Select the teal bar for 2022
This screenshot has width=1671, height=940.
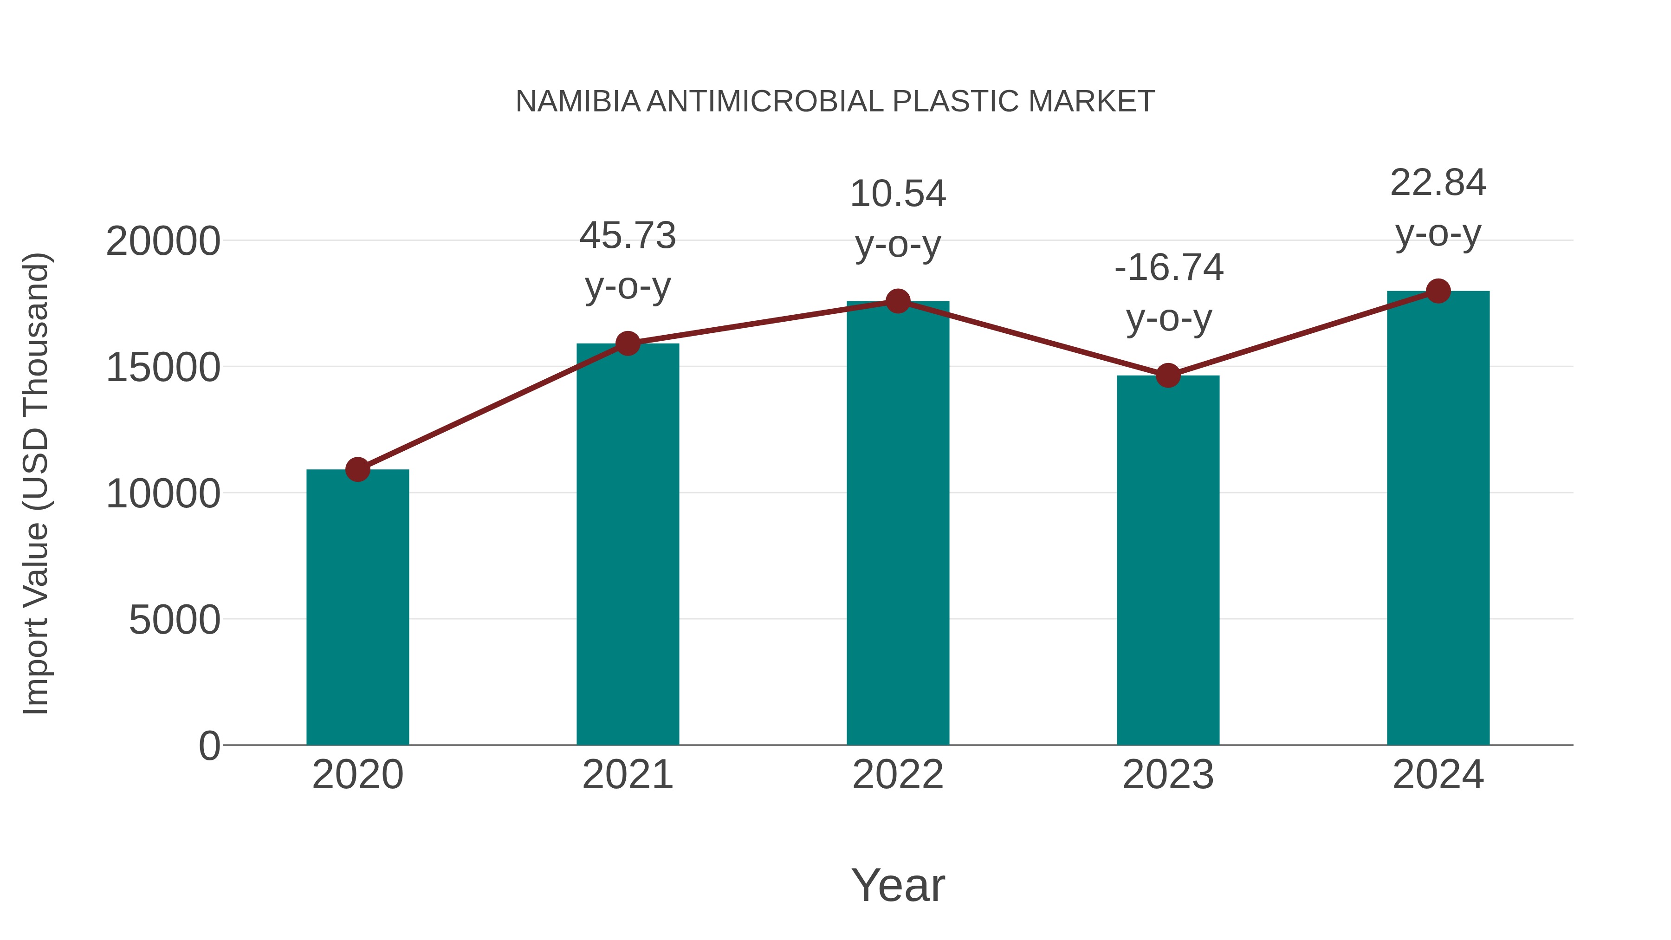898,522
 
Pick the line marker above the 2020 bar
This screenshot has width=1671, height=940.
357,469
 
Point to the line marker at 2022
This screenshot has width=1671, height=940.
898,301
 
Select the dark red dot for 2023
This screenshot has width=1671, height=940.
1168,375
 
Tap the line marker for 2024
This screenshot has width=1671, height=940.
1438,291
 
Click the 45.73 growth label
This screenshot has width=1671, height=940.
627,235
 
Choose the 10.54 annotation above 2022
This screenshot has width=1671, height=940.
898,194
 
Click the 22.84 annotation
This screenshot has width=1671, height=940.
1438,183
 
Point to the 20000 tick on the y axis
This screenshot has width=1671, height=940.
163,242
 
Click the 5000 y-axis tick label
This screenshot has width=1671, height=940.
175,620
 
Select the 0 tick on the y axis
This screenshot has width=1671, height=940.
209,746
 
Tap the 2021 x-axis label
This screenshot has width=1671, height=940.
627,775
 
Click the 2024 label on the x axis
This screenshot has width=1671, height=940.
1438,775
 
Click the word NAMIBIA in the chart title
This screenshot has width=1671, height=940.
578,102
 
